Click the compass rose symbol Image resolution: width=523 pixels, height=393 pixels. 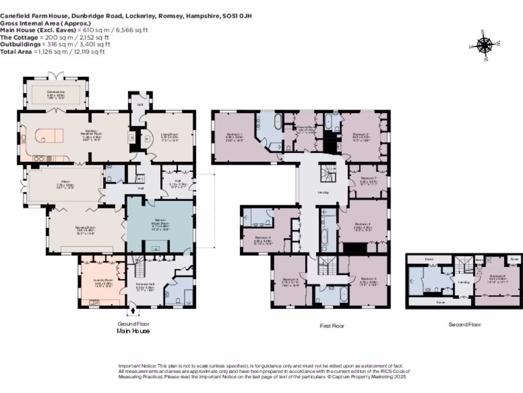[x=484, y=46]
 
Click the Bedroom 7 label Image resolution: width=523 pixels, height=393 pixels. [x=368, y=179]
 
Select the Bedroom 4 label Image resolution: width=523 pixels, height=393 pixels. [x=263, y=238]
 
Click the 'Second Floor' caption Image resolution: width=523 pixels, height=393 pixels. [x=464, y=324]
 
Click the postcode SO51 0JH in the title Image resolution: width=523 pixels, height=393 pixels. [x=237, y=16]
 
